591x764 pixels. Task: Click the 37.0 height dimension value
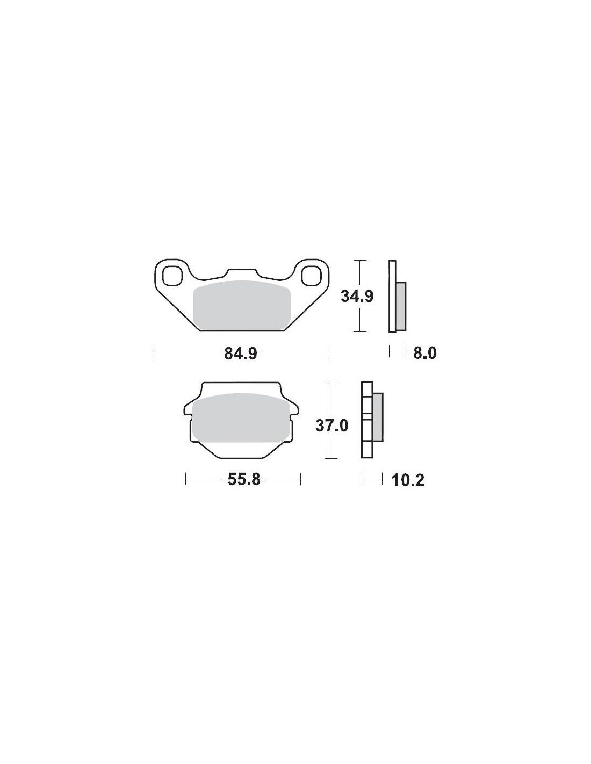[331, 426]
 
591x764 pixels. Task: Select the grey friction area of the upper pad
[242, 305]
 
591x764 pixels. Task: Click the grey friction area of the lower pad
[242, 418]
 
